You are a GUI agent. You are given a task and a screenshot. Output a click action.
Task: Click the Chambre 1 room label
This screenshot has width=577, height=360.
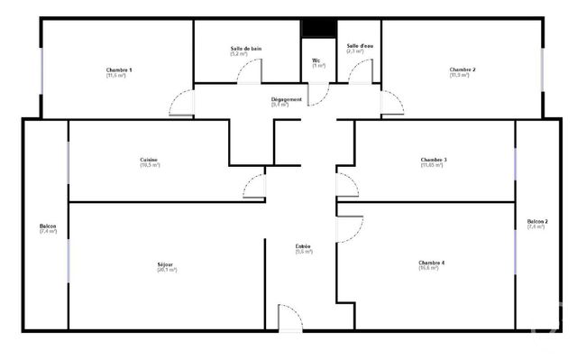[119, 70]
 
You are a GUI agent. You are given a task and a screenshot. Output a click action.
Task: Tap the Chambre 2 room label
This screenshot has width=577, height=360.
[463, 70]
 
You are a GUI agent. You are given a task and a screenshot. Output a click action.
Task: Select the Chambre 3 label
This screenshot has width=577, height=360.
[433, 161]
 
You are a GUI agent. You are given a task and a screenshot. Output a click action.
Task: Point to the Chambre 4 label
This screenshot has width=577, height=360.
[431, 263]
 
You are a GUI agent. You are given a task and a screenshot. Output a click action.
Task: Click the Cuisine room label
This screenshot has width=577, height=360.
[150, 161]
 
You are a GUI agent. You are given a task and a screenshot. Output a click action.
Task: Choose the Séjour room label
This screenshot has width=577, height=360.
[167, 264]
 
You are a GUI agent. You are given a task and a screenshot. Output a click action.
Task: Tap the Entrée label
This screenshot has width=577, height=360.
[304, 247]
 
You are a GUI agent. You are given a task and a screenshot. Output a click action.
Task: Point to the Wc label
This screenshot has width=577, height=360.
[317, 61]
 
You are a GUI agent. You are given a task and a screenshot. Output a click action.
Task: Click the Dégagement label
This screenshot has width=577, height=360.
[286, 99]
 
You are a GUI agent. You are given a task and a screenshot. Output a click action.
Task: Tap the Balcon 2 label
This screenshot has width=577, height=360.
[537, 222]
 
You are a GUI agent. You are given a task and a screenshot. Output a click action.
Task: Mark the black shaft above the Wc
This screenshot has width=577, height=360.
[317, 30]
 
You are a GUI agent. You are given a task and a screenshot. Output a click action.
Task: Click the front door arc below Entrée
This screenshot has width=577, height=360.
[290, 318]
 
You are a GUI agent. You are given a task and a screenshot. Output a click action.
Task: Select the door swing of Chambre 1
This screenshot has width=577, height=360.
[181, 103]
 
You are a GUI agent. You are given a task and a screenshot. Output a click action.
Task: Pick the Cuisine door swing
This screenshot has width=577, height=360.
[253, 184]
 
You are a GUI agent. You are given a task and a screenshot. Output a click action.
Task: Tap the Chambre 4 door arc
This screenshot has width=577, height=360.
[348, 228]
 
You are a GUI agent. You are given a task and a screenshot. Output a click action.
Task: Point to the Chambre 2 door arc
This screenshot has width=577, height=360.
[391, 103]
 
